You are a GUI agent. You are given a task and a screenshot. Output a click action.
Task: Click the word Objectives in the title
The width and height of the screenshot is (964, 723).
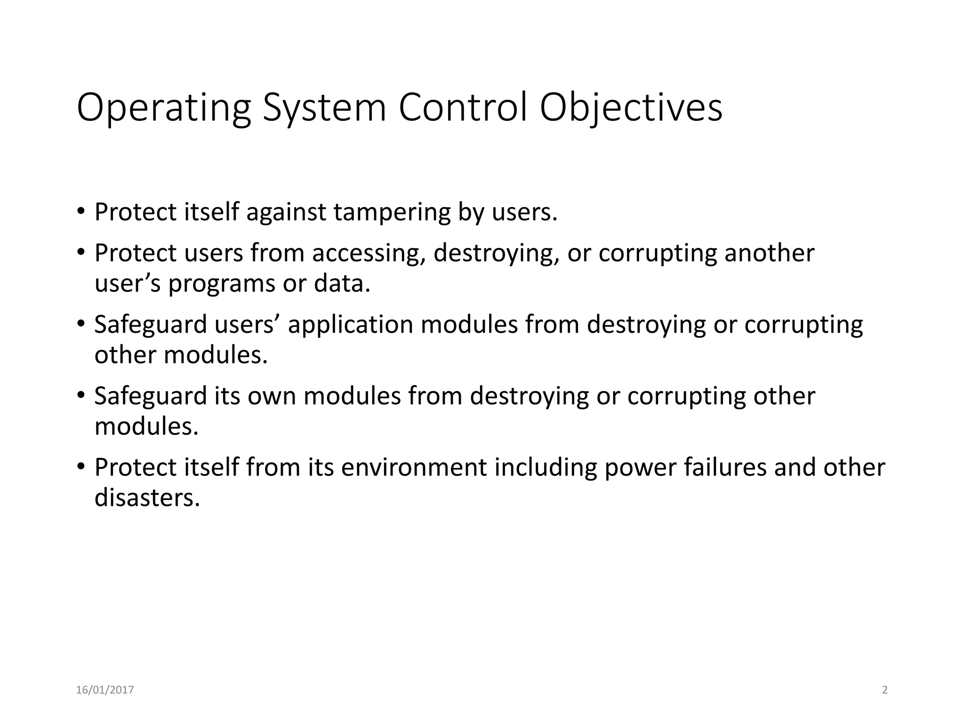pos(631,108)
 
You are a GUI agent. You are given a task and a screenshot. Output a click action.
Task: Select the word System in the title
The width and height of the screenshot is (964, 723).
pos(324,108)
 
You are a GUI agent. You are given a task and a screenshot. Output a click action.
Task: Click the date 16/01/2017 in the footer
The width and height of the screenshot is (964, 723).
pos(105,690)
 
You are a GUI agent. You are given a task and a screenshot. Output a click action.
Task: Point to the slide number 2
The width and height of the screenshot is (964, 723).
pos(884,690)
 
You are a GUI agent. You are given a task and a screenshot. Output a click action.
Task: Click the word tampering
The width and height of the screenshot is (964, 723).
pos(392,212)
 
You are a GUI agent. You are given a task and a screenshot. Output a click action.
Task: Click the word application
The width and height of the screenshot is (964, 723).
pos(350,325)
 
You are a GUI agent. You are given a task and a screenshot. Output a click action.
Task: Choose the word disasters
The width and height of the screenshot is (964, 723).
pos(147,498)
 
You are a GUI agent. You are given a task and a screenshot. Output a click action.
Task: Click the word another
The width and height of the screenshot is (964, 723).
pos(769,253)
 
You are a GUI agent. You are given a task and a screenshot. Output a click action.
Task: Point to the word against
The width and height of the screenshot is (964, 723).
pos(286,212)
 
